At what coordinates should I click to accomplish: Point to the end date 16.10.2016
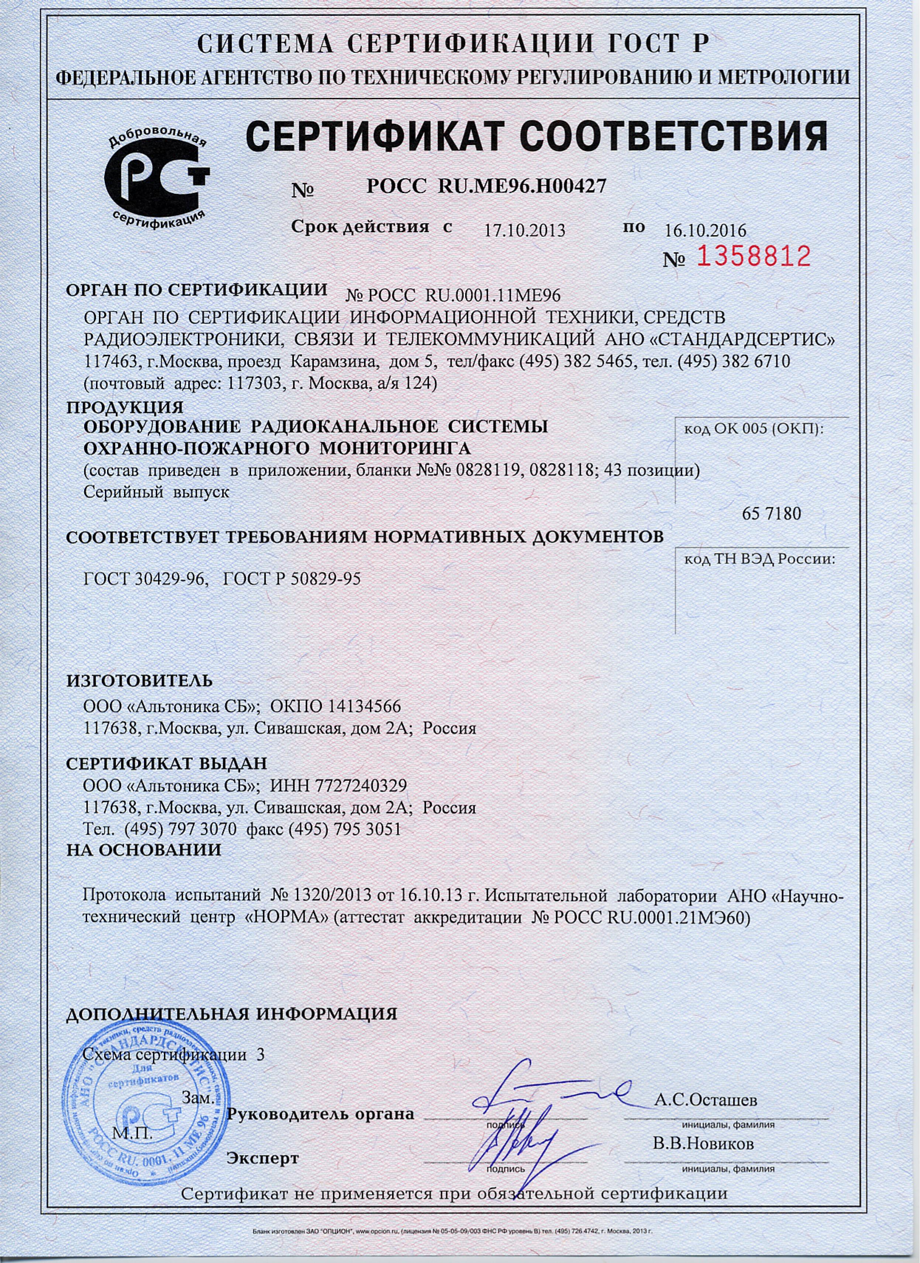[x=705, y=230]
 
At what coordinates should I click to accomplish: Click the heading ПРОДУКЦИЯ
[x=125, y=407]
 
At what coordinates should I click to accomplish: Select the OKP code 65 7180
[x=771, y=514]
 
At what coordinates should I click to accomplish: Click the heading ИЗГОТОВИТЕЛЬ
[x=139, y=680]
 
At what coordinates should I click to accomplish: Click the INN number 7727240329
[x=361, y=786]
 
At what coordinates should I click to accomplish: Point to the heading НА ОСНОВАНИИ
[x=144, y=850]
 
